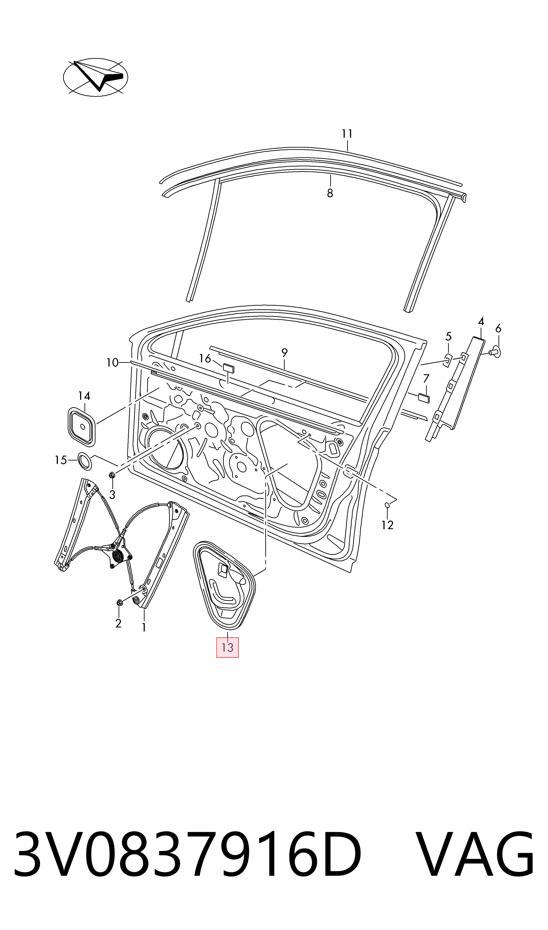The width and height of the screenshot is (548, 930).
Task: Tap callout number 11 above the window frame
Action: point(347,134)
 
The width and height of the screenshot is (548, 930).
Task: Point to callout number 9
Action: point(284,353)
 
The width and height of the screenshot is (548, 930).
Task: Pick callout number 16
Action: point(205,358)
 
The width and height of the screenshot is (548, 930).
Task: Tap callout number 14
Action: point(84,396)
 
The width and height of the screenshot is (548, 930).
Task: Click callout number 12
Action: point(387,525)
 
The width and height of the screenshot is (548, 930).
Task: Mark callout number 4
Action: point(481,322)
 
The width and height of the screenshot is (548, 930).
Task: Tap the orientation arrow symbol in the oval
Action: point(96,77)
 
